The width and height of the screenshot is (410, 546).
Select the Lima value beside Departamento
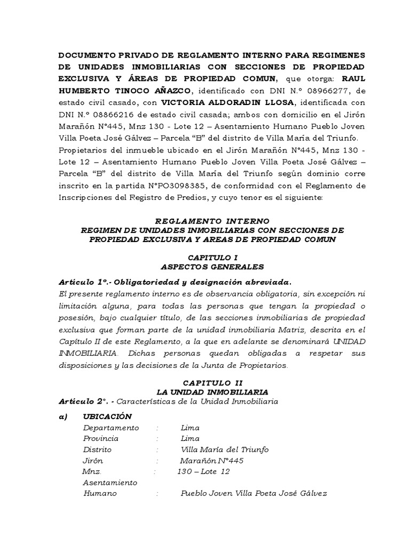tap(190, 428)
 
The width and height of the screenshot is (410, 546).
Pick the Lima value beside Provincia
tap(190, 438)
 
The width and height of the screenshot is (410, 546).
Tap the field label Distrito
tap(98, 449)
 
